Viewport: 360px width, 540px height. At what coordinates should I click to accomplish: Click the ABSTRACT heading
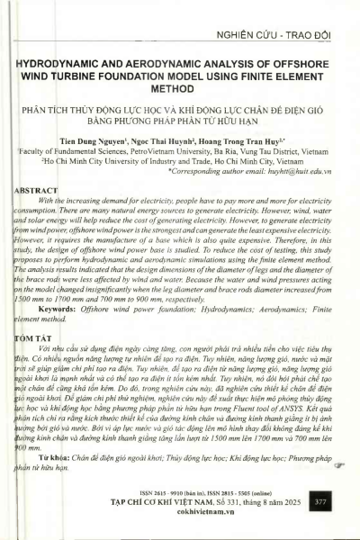(38, 192)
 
